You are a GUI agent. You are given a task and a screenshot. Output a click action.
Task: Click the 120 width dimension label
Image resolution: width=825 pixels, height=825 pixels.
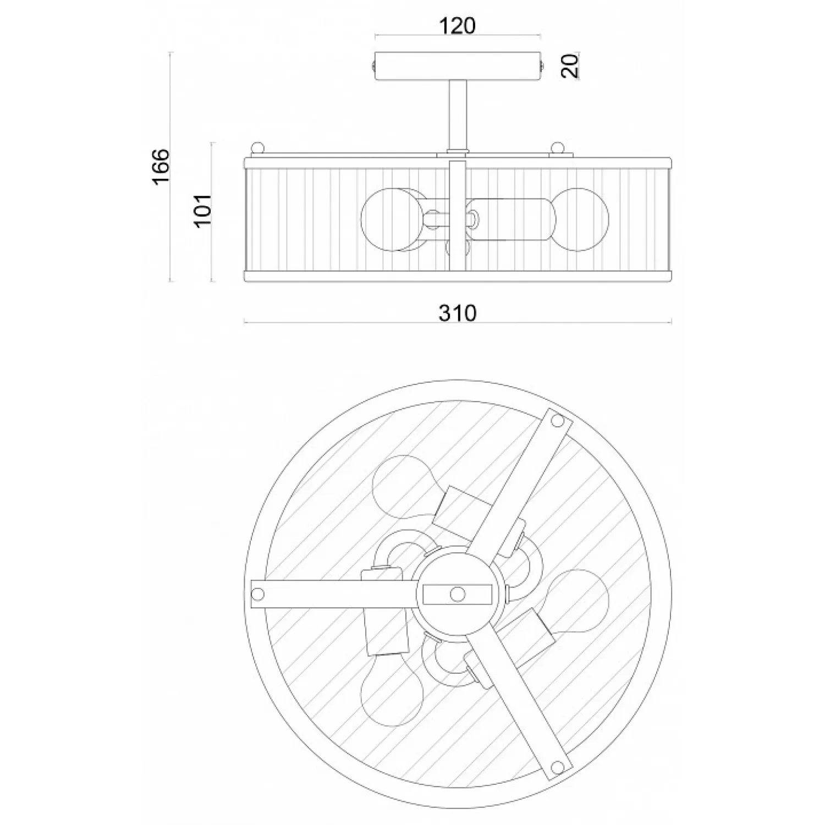pyautogui.click(x=457, y=26)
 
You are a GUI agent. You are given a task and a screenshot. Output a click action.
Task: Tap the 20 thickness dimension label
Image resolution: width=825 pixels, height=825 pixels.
pyautogui.click(x=571, y=65)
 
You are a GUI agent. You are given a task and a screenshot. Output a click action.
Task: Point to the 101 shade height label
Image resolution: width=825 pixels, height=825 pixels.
pyautogui.click(x=203, y=210)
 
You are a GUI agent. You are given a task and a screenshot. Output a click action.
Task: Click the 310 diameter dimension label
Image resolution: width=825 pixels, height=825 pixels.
pyautogui.click(x=458, y=313)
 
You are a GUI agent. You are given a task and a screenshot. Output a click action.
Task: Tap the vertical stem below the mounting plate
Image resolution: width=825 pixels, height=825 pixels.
pyautogui.click(x=458, y=114)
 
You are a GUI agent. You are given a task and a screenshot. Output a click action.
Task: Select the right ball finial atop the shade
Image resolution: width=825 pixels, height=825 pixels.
pyautogui.click(x=558, y=149)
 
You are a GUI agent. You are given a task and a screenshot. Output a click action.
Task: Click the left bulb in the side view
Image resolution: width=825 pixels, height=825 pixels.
pyautogui.click(x=385, y=220)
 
